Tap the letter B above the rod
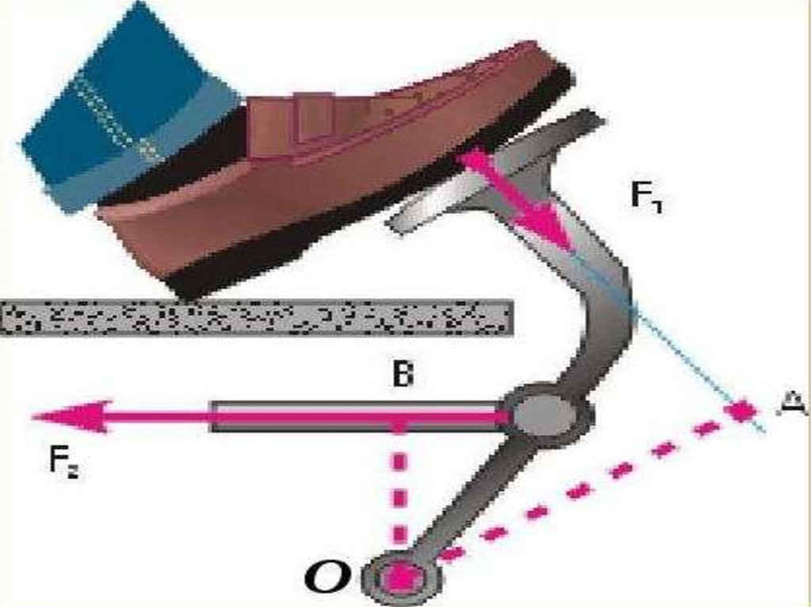[x=402, y=376]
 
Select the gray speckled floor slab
[x=253, y=317]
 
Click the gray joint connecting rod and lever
[x=546, y=415]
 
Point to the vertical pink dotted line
[x=401, y=491]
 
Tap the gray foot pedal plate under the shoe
[x=444, y=198]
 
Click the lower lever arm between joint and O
[x=467, y=499]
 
